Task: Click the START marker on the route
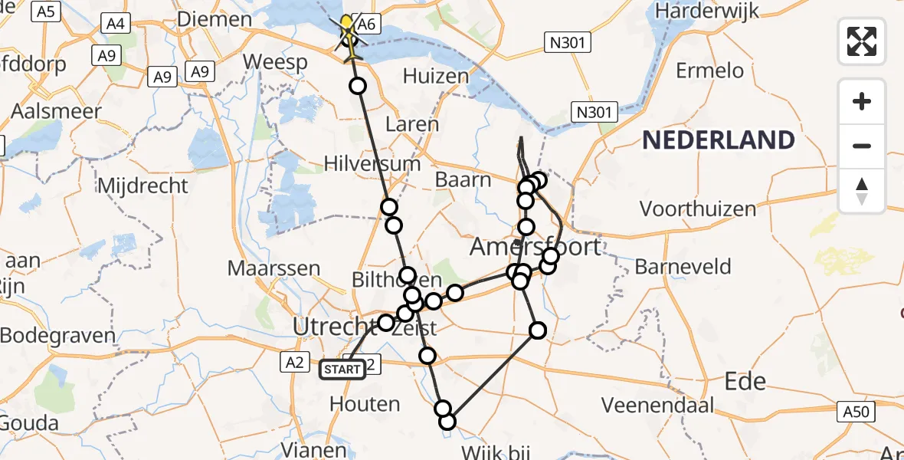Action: pyautogui.click(x=342, y=370)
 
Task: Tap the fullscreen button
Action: pyautogui.click(x=862, y=41)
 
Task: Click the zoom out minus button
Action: pyautogui.click(x=862, y=146)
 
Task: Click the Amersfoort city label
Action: pyautogui.click(x=535, y=247)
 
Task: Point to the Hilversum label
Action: pyautogui.click(x=372, y=163)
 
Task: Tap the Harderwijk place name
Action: pyautogui.click(x=707, y=11)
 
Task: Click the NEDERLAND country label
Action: pyautogui.click(x=718, y=140)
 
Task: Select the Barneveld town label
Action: pyautogui.click(x=683, y=267)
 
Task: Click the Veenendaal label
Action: pyautogui.click(x=658, y=405)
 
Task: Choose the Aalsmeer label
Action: pyautogui.click(x=56, y=111)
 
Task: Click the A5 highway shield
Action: pyautogui.click(x=47, y=11)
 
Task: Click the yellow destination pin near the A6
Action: pyautogui.click(x=347, y=23)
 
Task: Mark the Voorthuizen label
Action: pyautogui.click(x=697, y=209)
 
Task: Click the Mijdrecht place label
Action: pyautogui.click(x=142, y=186)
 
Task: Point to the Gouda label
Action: pyautogui.click(x=29, y=423)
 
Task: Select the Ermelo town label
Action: pyautogui.click(x=710, y=71)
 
